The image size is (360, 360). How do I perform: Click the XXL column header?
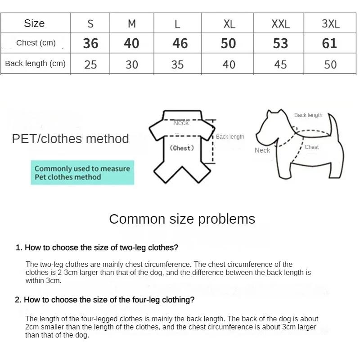coord(280,23)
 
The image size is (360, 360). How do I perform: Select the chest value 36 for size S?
coord(90,43)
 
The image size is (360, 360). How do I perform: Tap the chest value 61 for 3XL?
coord(329,43)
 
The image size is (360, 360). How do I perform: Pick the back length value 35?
coord(177,64)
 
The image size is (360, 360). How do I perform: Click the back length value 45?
coord(280,64)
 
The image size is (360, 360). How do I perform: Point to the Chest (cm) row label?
coord(36,43)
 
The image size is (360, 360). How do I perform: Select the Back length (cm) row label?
coord(35,63)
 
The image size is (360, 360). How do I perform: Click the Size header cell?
coord(35,23)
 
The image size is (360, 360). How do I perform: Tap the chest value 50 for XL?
coord(228,43)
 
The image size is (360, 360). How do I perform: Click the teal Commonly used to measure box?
coord(82,172)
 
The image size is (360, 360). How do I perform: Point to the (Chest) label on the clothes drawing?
coord(182,148)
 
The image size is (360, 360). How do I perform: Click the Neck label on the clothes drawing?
coord(181,123)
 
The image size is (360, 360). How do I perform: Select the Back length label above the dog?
coord(308,115)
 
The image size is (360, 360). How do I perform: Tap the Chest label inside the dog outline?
coord(311,147)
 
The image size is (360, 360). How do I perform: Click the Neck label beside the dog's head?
coord(262,150)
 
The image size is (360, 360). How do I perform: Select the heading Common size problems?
coord(182,219)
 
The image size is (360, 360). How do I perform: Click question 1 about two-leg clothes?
coord(97,247)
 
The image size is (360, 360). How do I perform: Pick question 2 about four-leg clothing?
coord(105,300)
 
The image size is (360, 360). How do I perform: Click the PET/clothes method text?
coord(70,139)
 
